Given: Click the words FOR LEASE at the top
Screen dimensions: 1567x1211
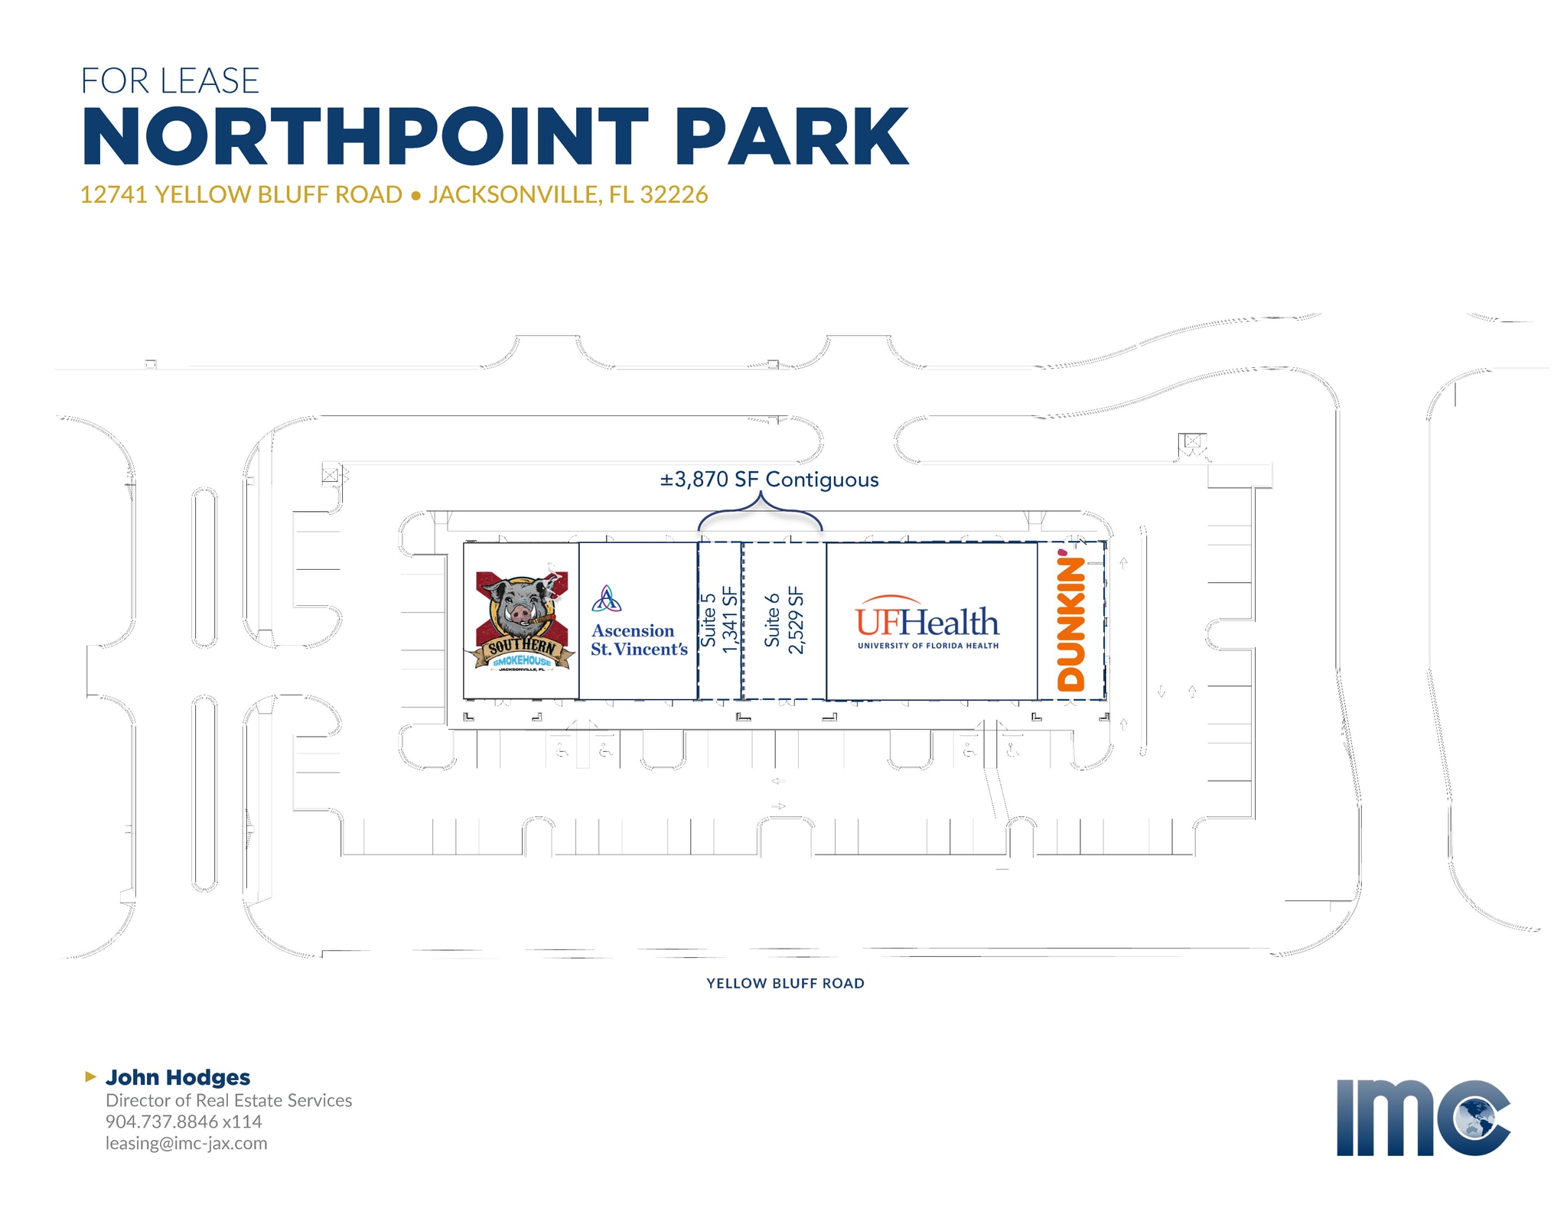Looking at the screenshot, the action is click(170, 81).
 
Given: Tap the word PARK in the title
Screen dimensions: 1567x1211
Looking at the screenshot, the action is click(792, 137).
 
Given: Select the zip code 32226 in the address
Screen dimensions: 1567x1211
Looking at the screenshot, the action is click(673, 194).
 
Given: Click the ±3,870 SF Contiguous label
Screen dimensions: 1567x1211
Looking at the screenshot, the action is click(769, 480).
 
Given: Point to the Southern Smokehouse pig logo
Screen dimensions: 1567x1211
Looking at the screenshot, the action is click(520, 620).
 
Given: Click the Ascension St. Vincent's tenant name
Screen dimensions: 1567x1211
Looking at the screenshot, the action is click(639, 640).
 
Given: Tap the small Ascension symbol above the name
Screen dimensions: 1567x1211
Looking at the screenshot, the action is click(606, 599).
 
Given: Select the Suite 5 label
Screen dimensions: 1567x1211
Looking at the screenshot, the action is click(709, 620).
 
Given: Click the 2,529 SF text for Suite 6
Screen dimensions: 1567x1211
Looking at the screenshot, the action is click(796, 620).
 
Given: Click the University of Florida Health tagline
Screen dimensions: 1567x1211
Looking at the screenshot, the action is click(928, 646).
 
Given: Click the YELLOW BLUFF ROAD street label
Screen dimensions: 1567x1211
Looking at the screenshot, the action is click(785, 984).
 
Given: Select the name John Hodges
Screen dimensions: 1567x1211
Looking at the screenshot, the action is click(178, 1077).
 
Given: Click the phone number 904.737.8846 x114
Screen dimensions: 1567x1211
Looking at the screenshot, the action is click(184, 1121).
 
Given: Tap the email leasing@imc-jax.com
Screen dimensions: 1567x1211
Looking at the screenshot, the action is click(187, 1144).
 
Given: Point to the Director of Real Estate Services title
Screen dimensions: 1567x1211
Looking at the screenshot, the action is click(229, 1100).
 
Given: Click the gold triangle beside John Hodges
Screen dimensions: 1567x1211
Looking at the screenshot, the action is click(90, 1077).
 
